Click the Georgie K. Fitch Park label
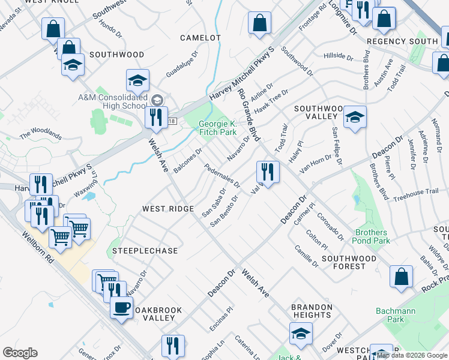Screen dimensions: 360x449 point(217,128)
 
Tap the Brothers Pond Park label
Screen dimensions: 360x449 point(372,236)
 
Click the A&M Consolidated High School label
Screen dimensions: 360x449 point(112,101)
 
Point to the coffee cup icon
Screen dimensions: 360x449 point(121,308)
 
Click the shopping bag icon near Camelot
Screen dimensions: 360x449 point(260,24)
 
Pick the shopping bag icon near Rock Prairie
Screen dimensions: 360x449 point(401,277)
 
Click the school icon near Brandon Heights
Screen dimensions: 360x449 point(301,334)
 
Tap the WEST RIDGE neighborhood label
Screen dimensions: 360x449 point(167,209)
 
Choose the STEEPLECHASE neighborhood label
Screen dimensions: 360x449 point(137,250)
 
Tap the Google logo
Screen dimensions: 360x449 point(20,353)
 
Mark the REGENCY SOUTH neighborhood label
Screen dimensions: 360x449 point(402,41)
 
